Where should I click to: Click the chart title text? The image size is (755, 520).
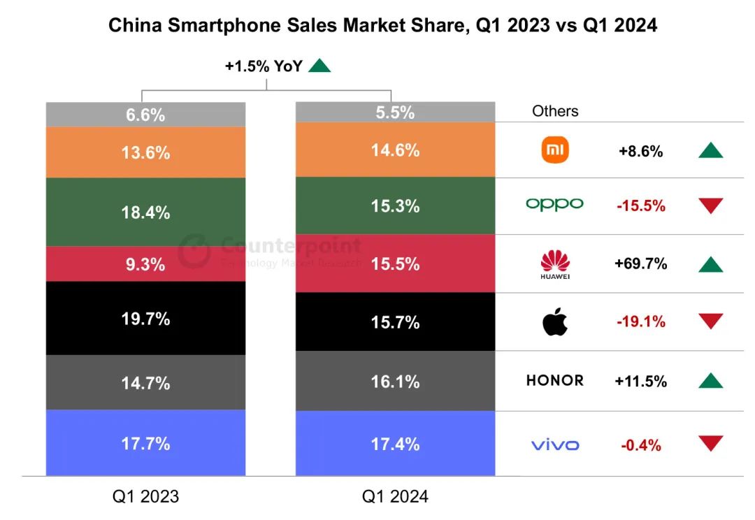click(382, 26)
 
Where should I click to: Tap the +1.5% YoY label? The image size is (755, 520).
click(264, 66)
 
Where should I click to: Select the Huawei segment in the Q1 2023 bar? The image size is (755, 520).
click(145, 264)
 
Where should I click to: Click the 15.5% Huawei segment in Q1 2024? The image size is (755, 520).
click(395, 263)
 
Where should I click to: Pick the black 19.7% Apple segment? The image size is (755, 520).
click(145, 318)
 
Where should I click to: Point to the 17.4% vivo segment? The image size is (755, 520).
click(395, 444)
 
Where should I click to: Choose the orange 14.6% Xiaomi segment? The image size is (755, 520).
click(395, 150)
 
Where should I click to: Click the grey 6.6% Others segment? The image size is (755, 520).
click(145, 115)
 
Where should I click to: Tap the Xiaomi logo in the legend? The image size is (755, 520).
click(555, 150)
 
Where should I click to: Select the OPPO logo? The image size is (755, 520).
click(554, 204)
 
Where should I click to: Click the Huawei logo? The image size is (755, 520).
click(555, 264)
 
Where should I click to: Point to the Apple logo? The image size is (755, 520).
click(555, 322)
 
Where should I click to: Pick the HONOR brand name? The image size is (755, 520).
click(555, 381)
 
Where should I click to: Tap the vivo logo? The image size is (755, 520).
click(555, 445)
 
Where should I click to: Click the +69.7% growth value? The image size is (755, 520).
click(640, 264)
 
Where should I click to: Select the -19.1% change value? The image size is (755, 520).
click(640, 322)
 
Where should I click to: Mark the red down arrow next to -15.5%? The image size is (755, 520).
click(710, 205)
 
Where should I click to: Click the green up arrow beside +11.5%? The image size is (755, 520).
click(710, 381)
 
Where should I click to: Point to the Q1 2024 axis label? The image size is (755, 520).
click(395, 497)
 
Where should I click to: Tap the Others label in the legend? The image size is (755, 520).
click(555, 111)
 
